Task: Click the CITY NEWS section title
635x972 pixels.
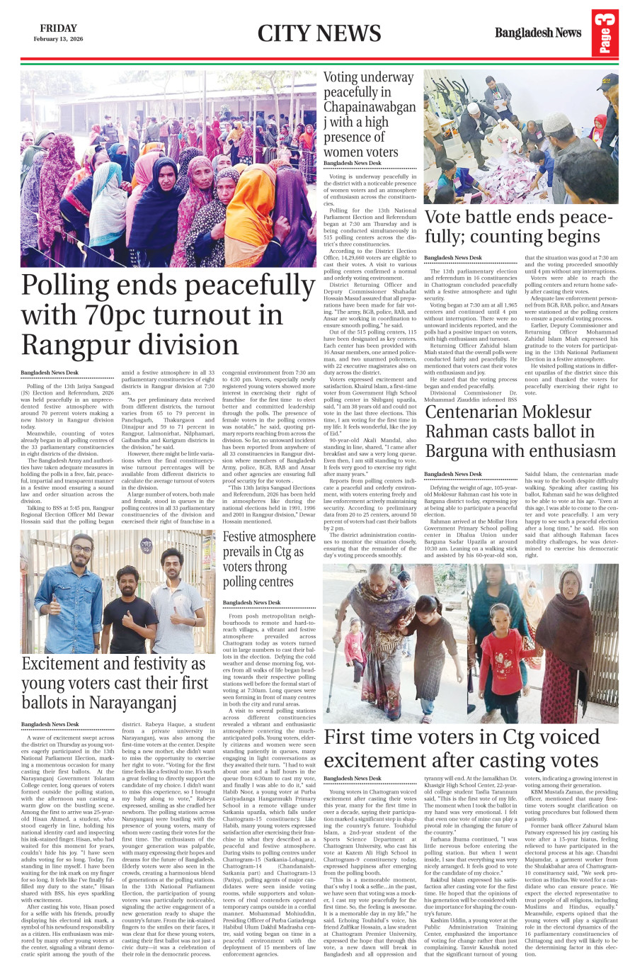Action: coord(319,33)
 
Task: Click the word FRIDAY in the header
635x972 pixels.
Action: coord(58,28)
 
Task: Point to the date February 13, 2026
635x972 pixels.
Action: coord(58,40)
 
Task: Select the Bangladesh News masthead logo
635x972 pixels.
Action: coord(537,33)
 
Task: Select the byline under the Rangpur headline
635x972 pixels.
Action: coord(50,372)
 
